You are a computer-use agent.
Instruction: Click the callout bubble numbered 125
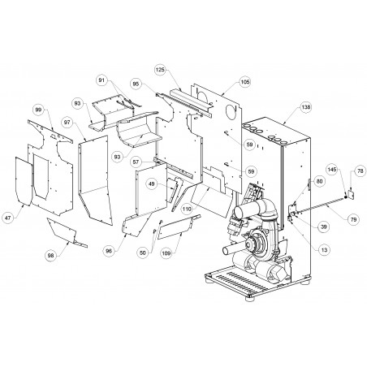(160, 70)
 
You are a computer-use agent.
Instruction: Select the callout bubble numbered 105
(245, 82)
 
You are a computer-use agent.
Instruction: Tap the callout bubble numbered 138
(306, 107)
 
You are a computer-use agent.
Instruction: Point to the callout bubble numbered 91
(101, 80)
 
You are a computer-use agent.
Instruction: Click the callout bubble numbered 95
(136, 84)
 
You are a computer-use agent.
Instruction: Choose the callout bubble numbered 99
(38, 110)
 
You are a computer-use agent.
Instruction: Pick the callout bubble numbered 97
(67, 123)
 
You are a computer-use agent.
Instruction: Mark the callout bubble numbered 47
(8, 218)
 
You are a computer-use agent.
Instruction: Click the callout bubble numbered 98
(51, 255)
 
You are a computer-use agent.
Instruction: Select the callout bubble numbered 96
(109, 251)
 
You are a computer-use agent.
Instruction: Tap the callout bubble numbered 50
(143, 253)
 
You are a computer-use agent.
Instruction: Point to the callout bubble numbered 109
(166, 253)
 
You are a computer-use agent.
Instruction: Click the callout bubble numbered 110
(187, 209)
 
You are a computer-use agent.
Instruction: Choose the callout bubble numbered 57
(136, 162)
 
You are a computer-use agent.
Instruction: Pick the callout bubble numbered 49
(152, 184)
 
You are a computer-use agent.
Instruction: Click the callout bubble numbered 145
(332, 170)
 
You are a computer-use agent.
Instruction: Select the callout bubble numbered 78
(361, 171)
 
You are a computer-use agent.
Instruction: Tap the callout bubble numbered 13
(324, 250)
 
